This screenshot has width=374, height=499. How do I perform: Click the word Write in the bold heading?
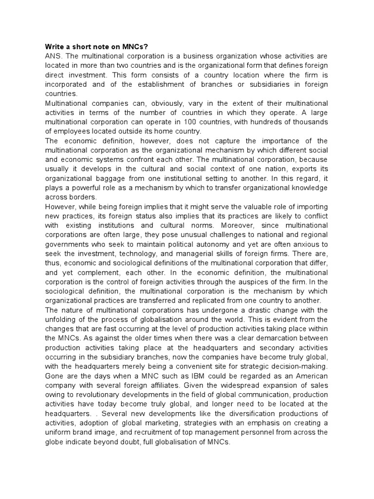[55, 47]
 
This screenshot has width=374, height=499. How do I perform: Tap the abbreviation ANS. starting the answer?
[53, 56]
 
